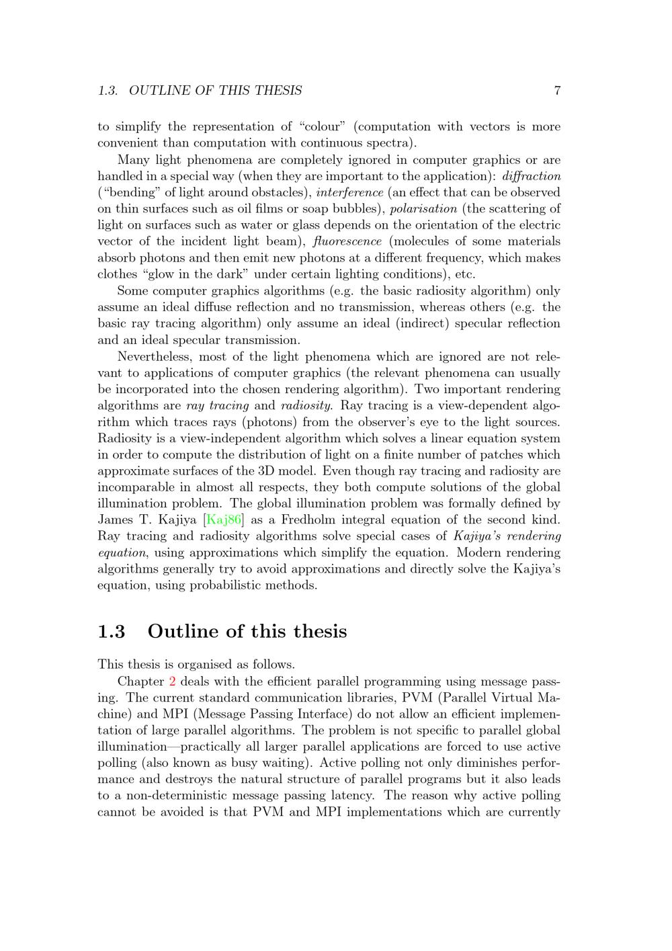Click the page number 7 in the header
tap(557, 91)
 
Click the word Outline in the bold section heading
tap(185, 632)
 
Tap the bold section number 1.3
tap(112, 632)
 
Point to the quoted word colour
tap(321, 127)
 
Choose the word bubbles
tap(360, 208)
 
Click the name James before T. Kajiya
tap(116, 520)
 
